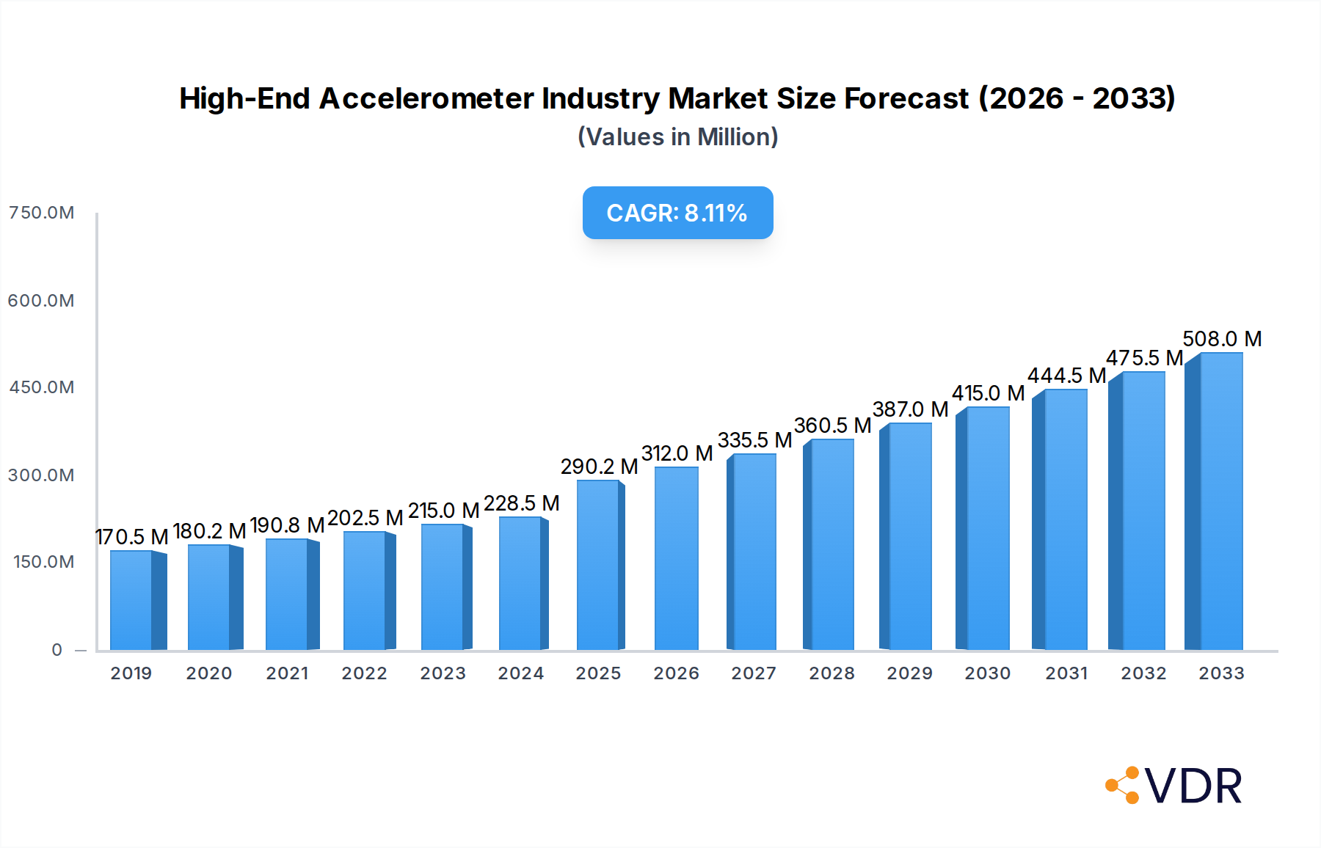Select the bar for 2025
(x=598, y=565)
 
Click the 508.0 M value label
(x=1222, y=339)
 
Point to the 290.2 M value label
(x=599, y=467)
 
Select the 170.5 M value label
(x=132, y=537)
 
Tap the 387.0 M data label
(x=910, y=409)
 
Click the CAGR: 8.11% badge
(x=677, y=213)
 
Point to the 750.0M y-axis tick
(x=41, y=213)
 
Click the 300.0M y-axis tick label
(x=41, y=475)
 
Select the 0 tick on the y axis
(x=57, y=650)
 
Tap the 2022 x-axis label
(x=364, y=673)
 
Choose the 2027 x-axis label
(x=754, y=673)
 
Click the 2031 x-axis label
(x=1066, y=673)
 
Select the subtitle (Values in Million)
(x=677, y=137)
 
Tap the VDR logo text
(x=1193, y=786)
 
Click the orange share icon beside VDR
(x=1124, y=786)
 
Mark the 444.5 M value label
(x=1066, y=376)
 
